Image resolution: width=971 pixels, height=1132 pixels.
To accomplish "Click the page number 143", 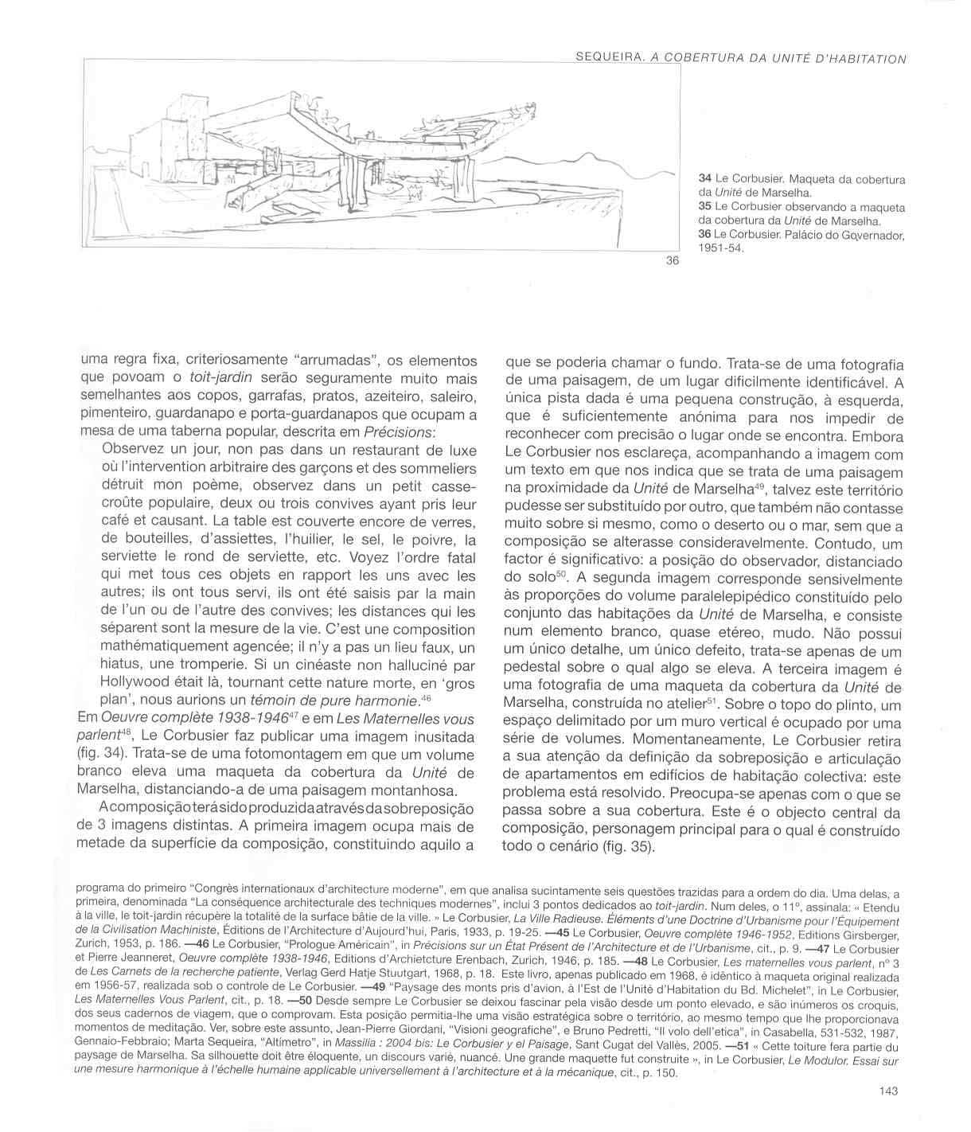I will coord(889,1091).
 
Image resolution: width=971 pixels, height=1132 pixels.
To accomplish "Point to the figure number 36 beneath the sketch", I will coord(672,263).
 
